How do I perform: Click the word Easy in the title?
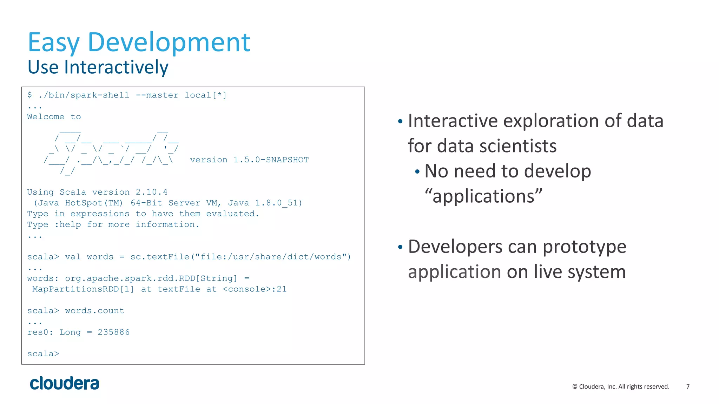click(x=54, y=43)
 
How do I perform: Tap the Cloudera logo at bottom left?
click(x=64, y=383)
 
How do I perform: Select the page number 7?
click(x=688, y=386)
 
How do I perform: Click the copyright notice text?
click(x=620, y=386)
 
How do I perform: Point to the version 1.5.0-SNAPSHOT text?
click(x=249, y=160)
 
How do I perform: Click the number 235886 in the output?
click(x=113, y=332)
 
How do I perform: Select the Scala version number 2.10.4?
click(x=151, y=192)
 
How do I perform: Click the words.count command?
click(x=94, y=311)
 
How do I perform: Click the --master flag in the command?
click(x=157, y=95)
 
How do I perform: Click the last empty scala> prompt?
click(x=43, y=354)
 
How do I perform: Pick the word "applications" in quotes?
click(x=483, y=196)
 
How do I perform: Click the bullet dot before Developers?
click(x=400, y=247)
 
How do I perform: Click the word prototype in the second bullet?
click(x=584, y=247)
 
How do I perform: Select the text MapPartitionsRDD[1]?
click(x=83, y=289)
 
